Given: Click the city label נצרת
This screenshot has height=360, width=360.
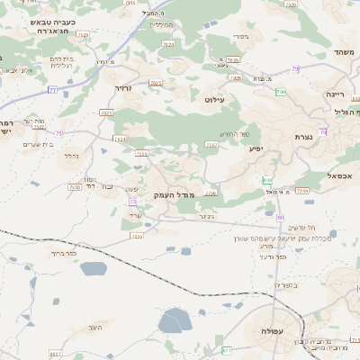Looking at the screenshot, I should (301, 137).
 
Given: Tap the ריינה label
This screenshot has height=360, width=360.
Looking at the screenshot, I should (336, 93).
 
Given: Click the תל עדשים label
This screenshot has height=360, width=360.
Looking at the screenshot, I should (306, 228).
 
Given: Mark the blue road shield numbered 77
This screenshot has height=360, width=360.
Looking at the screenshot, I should (52, 90).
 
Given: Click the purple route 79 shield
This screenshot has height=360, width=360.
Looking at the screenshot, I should (294, 68).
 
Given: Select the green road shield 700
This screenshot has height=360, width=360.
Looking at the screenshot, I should (281, 92).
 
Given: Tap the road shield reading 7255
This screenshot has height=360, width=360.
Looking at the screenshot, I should (137, 237).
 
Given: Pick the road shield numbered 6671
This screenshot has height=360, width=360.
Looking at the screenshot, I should (227, 350).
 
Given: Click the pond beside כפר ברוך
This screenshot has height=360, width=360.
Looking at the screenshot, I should (94, 268).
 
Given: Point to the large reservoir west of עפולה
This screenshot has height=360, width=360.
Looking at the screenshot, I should (175, 321).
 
